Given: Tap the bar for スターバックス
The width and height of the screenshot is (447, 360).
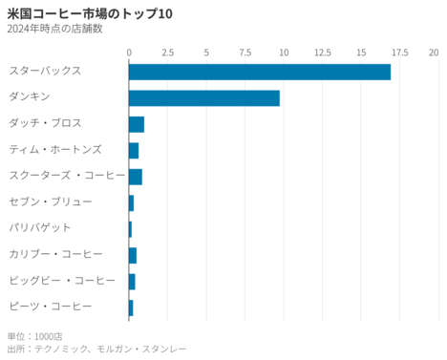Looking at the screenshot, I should [259, 72].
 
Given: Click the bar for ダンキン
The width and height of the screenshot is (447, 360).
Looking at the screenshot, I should [203, 97].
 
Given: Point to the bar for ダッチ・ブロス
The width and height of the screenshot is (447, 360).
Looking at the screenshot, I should [136, 124].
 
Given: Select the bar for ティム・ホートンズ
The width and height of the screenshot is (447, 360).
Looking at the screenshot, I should [134, 150].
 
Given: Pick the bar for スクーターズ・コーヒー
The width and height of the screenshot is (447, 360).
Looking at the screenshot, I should [135, 176].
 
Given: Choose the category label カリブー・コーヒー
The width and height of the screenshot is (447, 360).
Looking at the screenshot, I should [56, 254].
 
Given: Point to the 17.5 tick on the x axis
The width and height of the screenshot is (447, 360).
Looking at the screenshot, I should [399, 51].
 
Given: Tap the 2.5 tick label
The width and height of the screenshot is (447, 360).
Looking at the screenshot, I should [167, 51].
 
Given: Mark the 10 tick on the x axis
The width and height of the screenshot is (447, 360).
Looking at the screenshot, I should [284, 51].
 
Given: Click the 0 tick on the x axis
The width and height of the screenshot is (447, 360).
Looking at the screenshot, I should [129, 51].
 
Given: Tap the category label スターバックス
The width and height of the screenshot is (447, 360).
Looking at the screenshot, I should [44, 72].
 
